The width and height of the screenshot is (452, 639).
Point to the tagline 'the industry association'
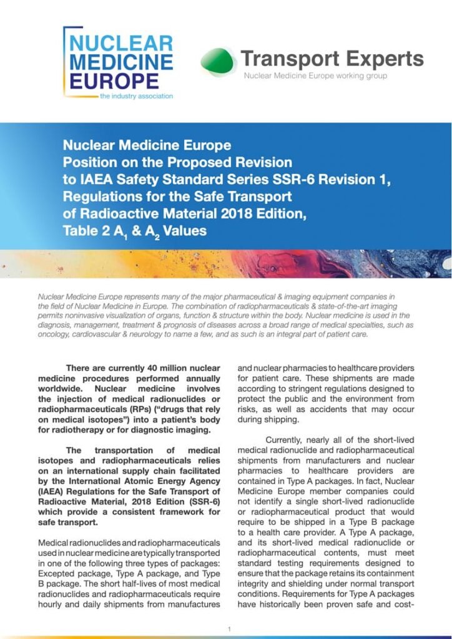pos(136,96)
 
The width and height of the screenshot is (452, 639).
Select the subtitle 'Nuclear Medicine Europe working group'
pos(315,76)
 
